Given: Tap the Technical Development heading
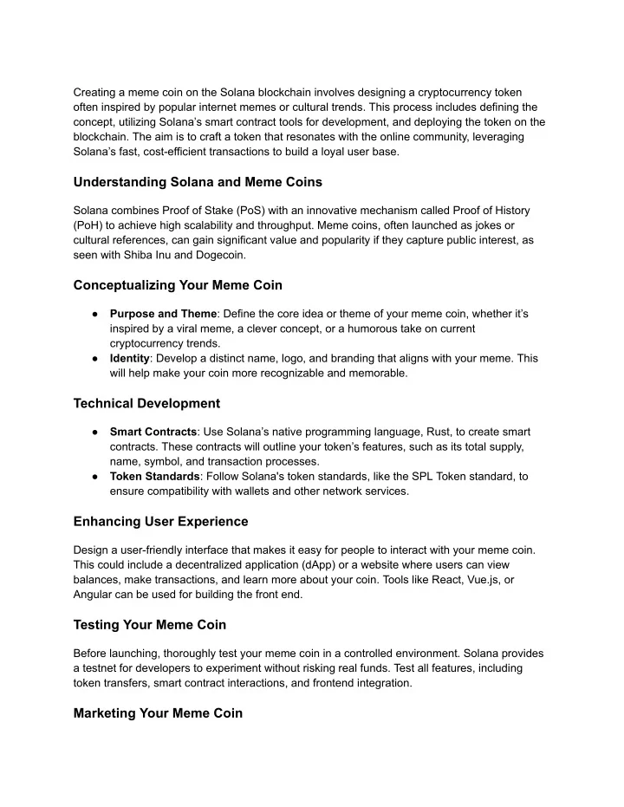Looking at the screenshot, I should tap(146, 403).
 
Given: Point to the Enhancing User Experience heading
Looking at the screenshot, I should tap(160, 521).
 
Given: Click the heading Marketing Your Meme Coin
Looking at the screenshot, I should tap(158, 713).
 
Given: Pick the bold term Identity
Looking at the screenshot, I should tap(129, 358).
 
